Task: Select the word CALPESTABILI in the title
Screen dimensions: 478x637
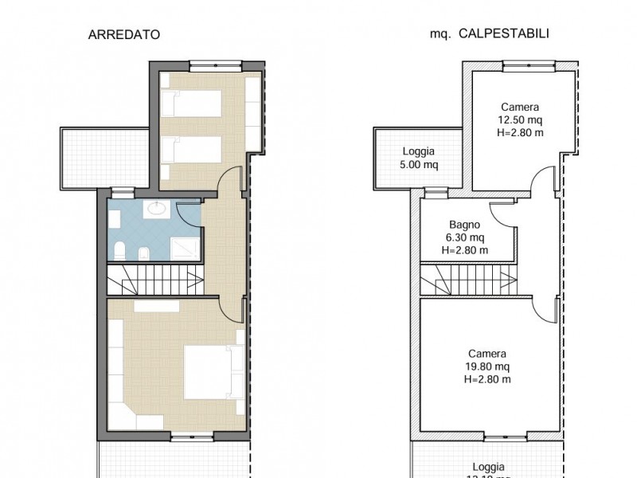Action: click(x=513, y=34)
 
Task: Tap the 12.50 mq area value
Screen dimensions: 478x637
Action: click(x=520, y=120)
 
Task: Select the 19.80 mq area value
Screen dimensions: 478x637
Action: click(x=487, y=366)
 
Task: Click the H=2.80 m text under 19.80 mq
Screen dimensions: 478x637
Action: click(x=487, y=379)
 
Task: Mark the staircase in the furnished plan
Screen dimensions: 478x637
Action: click(x=154, y=281)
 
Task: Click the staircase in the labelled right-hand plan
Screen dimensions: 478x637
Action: click(x=468, y=281)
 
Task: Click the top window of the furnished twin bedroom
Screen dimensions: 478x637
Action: click(x=211, y=63)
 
